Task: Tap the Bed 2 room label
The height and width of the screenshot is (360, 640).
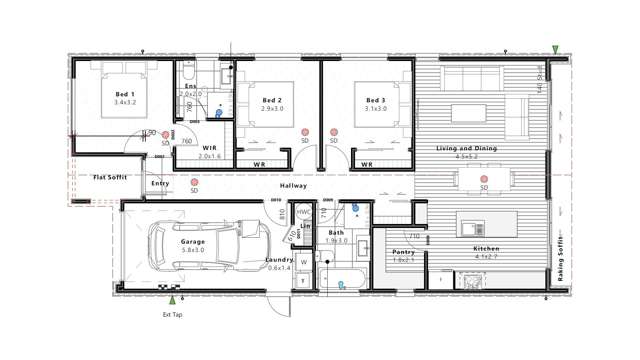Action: click(272, 101)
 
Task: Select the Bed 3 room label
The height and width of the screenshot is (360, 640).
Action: click(375, 101)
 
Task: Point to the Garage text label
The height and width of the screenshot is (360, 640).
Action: click(193, 241)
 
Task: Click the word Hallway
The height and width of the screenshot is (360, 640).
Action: click(293, 186)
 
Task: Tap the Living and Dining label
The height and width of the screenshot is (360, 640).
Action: click(466, 149)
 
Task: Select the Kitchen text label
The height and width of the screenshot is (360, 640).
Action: click(486, 248)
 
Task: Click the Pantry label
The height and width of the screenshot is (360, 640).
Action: click(403, 252)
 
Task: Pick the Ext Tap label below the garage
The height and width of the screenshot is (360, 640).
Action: click(172, 314)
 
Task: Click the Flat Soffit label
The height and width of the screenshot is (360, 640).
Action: click(109, 177)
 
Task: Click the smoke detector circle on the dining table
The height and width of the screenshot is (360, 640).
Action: click(484, 180)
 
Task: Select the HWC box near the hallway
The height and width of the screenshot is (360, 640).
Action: click(304, 212)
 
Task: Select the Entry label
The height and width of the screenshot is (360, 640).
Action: click(160, 183)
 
